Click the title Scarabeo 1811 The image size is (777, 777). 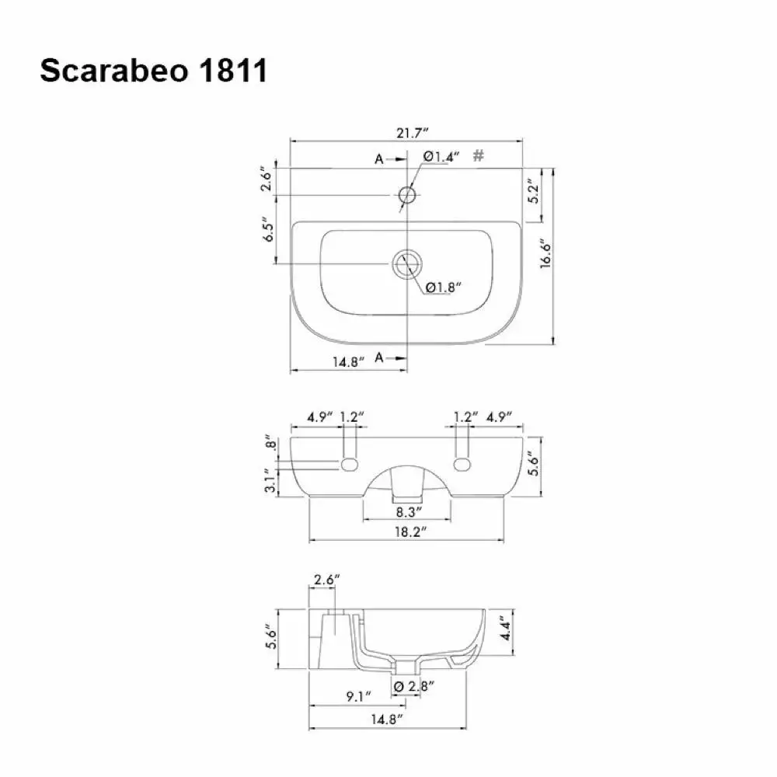154,71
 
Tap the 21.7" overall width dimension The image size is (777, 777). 412,133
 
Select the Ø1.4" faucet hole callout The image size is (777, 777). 441,157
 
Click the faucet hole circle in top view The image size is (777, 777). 407,195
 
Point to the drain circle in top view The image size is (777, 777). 407,263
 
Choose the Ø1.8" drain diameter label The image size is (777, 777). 444,287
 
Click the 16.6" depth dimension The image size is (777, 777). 545,254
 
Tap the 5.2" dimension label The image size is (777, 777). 533,191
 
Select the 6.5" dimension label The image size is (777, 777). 268,229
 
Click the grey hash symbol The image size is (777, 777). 478,155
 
